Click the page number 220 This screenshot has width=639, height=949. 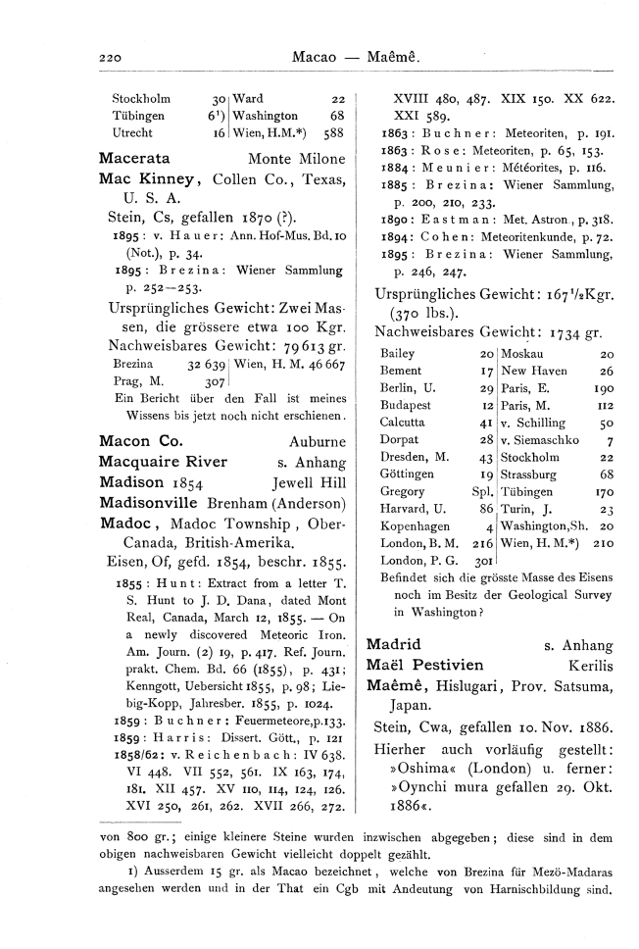pos(110,59)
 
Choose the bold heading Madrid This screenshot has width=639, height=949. pos(392,645)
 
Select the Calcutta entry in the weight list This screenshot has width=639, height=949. pos(401,422)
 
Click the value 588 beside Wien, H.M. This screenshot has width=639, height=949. pos(333,132)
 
